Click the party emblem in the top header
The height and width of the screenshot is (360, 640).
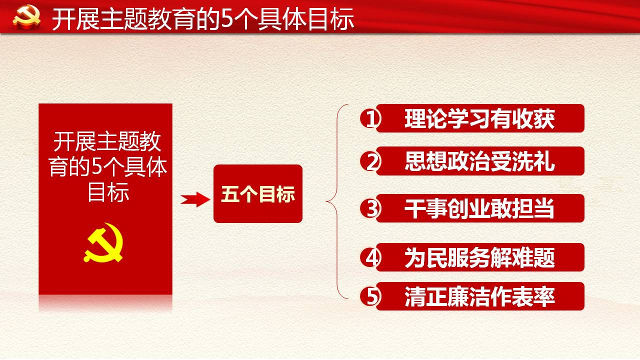pyautogui.click(x=26, y=17)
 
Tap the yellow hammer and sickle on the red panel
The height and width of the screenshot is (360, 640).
pyautogui.click(x=103, y=242)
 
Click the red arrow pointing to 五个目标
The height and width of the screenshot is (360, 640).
pyautogui.click(x=195, y=199)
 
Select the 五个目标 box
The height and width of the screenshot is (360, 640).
pyautogui.click(x=258, y=193)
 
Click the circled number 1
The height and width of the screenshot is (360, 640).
pyautogui.click(x=370, y=118)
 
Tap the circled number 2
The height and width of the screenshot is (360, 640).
pyautogui.click(x=370, y=161)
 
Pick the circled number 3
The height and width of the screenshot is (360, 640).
pyautogui.click(x=370, y=208)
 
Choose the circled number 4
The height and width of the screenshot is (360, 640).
pyautogui.click(x=370, y=257)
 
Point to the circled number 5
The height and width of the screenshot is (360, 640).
pyautogui.click(x=370, y=296)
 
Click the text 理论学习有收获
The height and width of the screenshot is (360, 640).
pyautogui.click(x=479, y=118)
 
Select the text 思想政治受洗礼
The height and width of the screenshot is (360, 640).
pyautogui.click(x=479, y=161)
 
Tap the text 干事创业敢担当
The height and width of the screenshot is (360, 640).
pyautogui.click(x=479, y=208)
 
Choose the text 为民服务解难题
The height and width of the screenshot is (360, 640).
pyautogui.click(x=479, y=257)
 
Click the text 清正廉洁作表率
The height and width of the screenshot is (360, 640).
pyautogui.click(x=479, y=296)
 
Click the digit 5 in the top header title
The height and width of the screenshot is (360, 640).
pyautogui.click(x=227, y=19)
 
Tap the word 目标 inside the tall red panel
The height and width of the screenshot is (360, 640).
pyautogui.click(x=108, y=192)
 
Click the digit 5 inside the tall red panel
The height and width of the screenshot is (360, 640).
pyautogui.click(x=97, y=166)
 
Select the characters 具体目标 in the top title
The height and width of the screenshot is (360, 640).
pyautogui.click(x=306, y=19)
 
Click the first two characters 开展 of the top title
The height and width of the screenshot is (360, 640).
pyautogui.click(x=75, y=19)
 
